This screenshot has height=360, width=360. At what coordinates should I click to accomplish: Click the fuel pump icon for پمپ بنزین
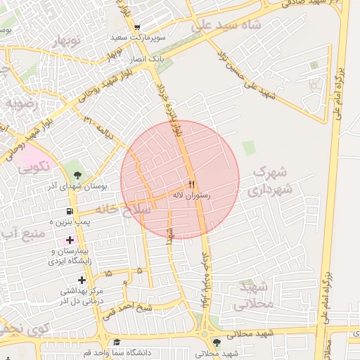69,211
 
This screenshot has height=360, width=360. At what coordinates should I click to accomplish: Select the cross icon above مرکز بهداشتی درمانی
82,280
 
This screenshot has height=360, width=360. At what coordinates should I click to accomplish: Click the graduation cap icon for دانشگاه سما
116,342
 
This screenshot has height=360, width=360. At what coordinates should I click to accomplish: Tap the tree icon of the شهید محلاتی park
216,342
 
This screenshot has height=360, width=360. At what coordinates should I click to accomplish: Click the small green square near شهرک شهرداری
248,148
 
